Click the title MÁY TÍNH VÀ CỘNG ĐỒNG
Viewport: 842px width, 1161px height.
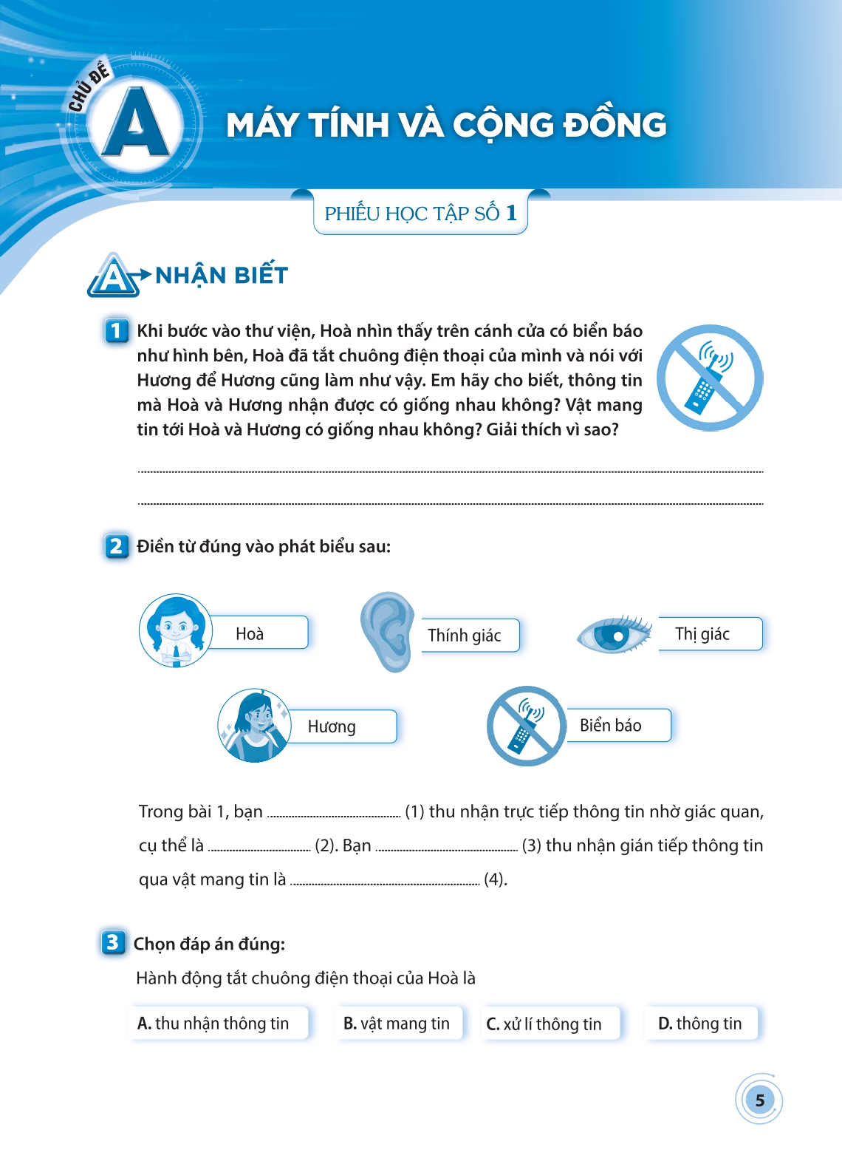[x=446, y=125]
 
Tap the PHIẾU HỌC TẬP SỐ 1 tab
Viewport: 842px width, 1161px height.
[x=420, y=214]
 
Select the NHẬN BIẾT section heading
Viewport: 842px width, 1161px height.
[x=221, y=276]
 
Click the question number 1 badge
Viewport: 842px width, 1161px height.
[x=117, y=330]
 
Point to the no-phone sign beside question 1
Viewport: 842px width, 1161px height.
[x=710, y=378]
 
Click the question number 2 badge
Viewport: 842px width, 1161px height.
[x=117, y=546]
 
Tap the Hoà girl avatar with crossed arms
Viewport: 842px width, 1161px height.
[x=176, y=630]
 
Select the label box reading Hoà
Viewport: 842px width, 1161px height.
[x=258, y=633]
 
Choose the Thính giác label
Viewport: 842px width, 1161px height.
[x=468, y=636]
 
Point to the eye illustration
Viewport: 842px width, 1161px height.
[x=615, y=633]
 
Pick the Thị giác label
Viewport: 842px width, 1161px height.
[x=708, y=634]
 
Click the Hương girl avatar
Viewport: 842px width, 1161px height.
[x=255, y=725]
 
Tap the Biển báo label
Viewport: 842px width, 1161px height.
[x=617, y=726]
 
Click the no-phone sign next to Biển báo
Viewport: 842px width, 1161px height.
[x=526, y=726]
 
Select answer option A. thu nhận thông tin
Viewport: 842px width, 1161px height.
[x=218, y=1024]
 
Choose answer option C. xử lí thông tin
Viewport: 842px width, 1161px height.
[x=549, y=1024]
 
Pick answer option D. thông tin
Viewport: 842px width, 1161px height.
[x=701, y=1024]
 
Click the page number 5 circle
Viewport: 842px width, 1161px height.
[x=759, y=1100]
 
